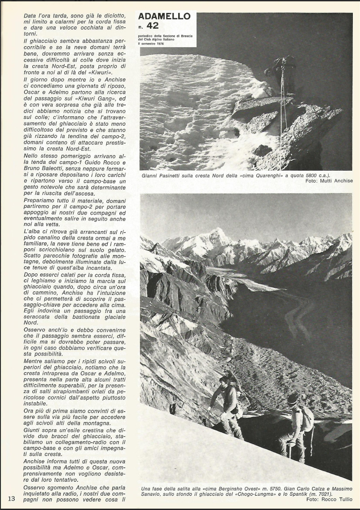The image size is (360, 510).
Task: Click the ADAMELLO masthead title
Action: [x=164, y=16]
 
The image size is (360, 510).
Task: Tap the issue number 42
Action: [x=153, y=26]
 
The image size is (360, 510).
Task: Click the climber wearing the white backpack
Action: [x=297, y=424]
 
